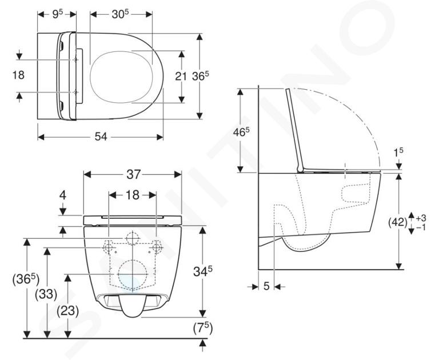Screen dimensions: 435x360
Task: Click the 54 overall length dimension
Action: (x=101, y=137)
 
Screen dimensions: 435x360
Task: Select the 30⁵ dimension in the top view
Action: (x=121, y=14)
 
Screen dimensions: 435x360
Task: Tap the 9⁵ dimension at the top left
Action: (x=58, y=14)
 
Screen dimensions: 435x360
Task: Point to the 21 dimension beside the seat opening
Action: (x=180, y=76)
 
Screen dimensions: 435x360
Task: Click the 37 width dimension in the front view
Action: (x=133, y=174)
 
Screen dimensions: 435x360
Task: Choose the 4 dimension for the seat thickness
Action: (x=63, y=195)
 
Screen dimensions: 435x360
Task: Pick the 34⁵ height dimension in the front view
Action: (x=203, y=271)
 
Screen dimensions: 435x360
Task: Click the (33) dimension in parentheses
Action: (x=46, y=294)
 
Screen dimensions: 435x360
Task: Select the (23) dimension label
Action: (x=67, y=311)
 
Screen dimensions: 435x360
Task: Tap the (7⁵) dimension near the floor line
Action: (x=203, y=329)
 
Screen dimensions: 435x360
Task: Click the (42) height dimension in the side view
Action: (x=397, y=222)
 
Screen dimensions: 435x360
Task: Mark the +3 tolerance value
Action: (x=421, y=218)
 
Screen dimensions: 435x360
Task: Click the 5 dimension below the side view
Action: (x=266, y=286)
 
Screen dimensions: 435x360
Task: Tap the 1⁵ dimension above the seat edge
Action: (x=398, y=152)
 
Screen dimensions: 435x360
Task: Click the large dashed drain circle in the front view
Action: (x=133, y=274)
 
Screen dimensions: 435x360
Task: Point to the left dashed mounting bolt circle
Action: (x=109, y=246)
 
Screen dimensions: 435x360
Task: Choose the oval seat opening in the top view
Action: (x=122, y=77)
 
